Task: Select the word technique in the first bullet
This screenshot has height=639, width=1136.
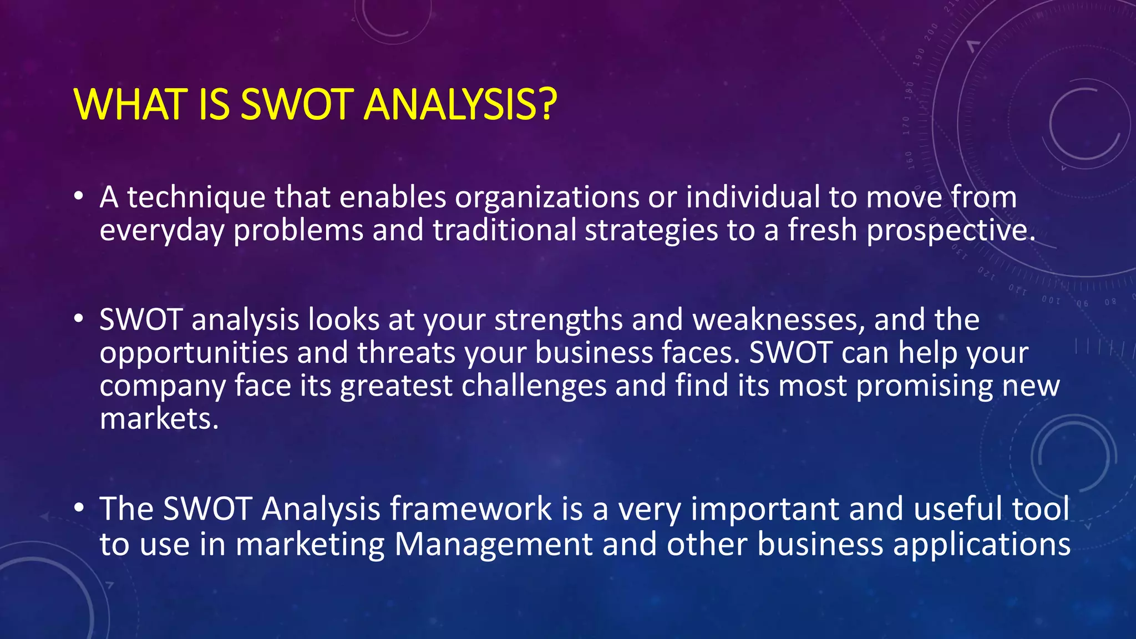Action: tap(196, 197)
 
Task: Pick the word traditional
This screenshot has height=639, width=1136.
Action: tap(504, 230)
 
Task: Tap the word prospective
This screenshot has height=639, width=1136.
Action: tap(950, 230)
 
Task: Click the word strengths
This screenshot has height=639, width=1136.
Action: tap(558, 320)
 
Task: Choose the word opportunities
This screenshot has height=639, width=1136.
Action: tap(194, 353)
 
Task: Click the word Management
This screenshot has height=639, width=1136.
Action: tap(493, 544)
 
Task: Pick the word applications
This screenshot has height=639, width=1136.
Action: tap(981, 544)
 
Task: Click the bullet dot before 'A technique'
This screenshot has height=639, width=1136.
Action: tap(79, 196)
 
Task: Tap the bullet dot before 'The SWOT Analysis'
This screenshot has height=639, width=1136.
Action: tap(79, 507)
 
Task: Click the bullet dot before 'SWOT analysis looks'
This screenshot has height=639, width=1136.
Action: tap(79, 318)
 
